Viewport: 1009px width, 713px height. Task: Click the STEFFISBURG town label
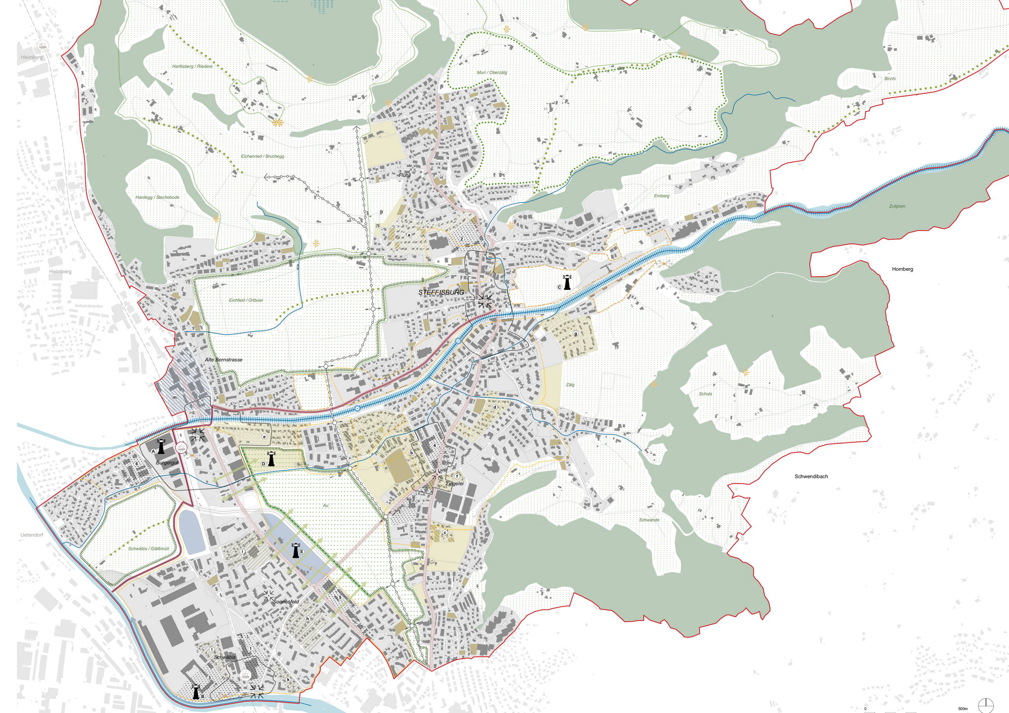point(435,293)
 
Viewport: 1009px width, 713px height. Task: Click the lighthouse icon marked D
point(271,459)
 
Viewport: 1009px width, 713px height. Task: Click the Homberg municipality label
point(902,269)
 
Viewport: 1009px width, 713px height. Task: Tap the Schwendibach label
point(811,476)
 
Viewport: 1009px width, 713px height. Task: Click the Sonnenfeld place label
point(286,602)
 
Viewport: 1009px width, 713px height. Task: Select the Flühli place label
point(404,175)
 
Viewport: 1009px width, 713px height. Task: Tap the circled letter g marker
point(575,333)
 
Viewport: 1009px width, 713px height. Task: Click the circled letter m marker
point(175,397)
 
